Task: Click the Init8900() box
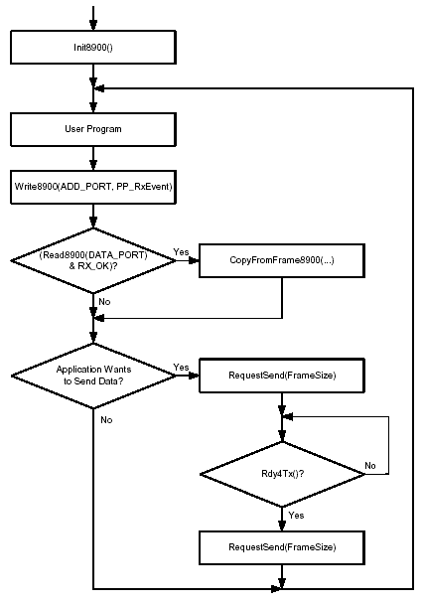pos(93,47)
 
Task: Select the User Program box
pos(93,129)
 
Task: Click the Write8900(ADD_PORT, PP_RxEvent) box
pos(93,187)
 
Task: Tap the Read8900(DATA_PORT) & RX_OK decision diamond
pos(93,260)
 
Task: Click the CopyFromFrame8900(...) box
pos(282,260)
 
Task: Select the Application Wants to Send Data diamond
pos(93,376)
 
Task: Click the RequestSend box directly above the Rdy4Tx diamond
pos(282,376)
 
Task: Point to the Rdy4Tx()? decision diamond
pos(282,474)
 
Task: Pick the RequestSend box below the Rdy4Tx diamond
pos(282,547)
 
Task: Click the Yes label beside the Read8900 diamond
pos(181,252)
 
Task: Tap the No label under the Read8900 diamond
pos(104,302)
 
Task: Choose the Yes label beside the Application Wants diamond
pos(181,368)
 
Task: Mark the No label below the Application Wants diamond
pos(106,420)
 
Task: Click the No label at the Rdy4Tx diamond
pos(370,466)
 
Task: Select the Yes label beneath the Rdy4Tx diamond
pos(296,516)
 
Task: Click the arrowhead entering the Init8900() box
pos(93,26)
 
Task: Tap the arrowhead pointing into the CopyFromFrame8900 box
pos(194,260)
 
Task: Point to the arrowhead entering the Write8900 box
pos(93,165)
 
